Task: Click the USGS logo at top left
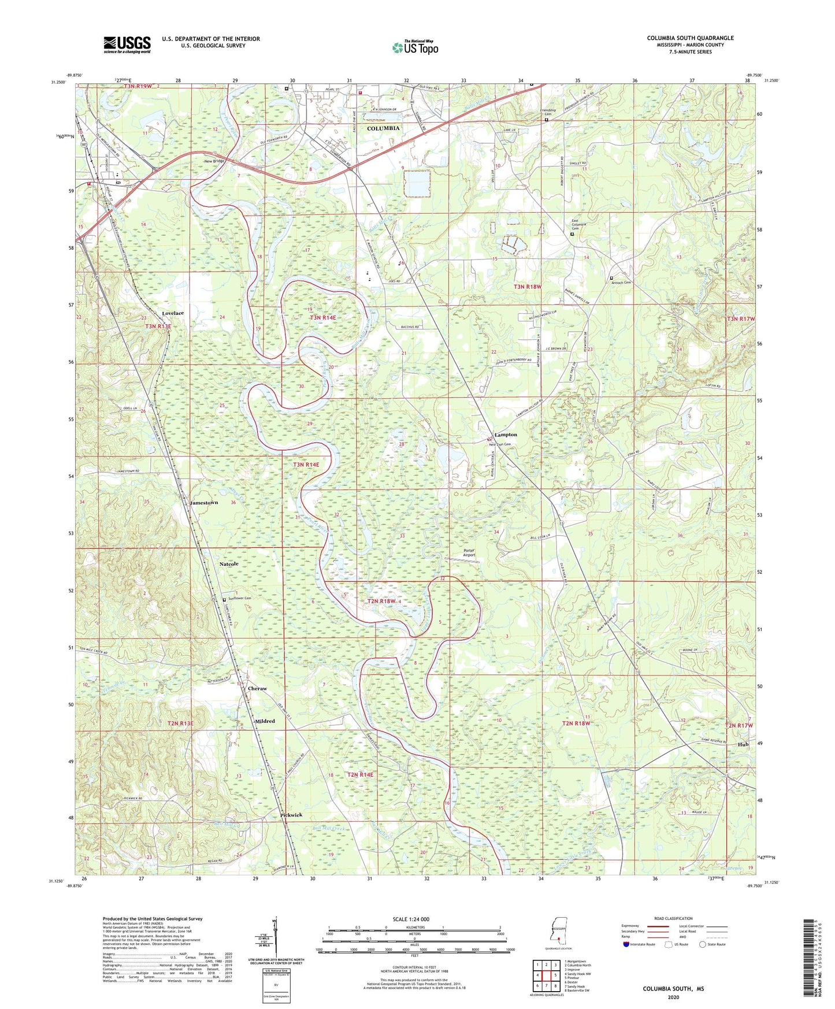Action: pyautogui.click(x=127, y=44)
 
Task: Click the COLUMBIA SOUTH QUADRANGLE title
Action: pyautogui.click(x=690, y=38)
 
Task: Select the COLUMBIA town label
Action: pyautogui.click(x=383, y=128)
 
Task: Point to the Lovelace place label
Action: pyautogui.click(x=173, y=313)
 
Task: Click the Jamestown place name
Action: pyautogui.click(x=204, y=503)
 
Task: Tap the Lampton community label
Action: pyautogui.click(x=506, y=435)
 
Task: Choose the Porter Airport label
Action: pyautogui.click(x=469, y=552)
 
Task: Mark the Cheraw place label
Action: pyautogui.click(x=257, y=689)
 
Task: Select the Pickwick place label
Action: pyautogui.click(x=291, y=815)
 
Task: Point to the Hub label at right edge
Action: pyautogui.click(x=743, y=744)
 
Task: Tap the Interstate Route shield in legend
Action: pyautogui.click(x=626, y=944)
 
